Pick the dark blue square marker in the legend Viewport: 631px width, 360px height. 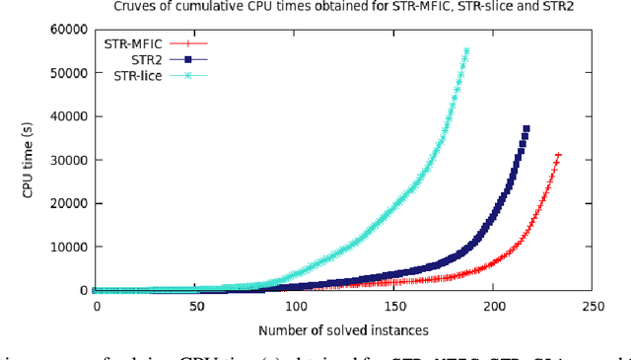point(188,59)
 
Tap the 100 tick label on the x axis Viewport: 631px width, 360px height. point(294,307)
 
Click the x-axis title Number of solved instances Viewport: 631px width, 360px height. point(343,329)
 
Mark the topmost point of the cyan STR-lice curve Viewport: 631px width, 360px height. point(466,50)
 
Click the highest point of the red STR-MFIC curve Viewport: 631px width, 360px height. point(558,155)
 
